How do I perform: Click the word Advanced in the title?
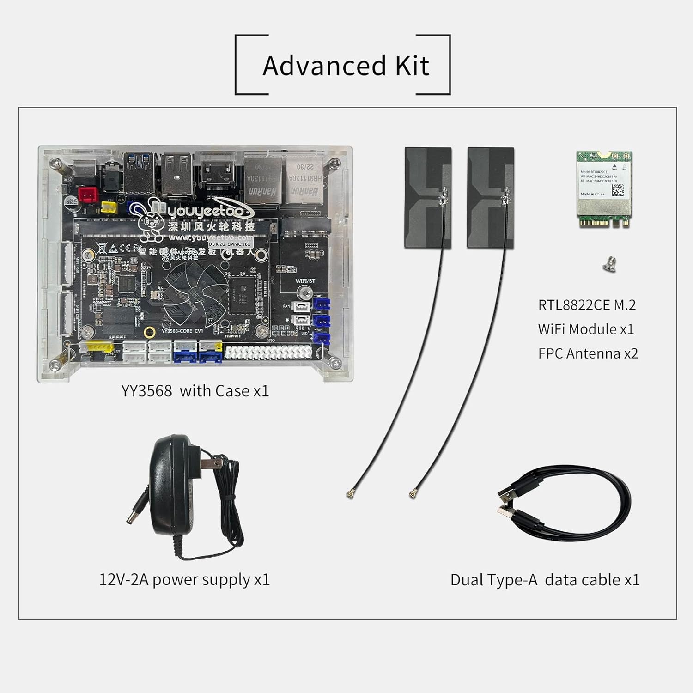pos(324,66)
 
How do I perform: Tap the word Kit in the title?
pos(412,66)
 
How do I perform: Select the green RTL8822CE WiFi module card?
pos(604,189)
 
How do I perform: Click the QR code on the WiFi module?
pos(618,189)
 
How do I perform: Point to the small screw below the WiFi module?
pos(610,265)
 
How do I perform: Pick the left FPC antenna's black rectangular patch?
pos(428,197)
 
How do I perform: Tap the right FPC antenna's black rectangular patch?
pos(490,197)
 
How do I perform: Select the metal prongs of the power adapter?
pos(213,463)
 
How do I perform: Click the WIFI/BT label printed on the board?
pos(305,280)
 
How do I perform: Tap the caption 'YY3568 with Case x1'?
pos(195,391)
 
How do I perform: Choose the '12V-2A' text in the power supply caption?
pos(123,579)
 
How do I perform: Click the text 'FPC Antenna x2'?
pos(588,353)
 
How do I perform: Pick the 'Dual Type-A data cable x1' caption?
pos(545,580)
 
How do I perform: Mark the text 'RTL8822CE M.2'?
pos(587,305)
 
